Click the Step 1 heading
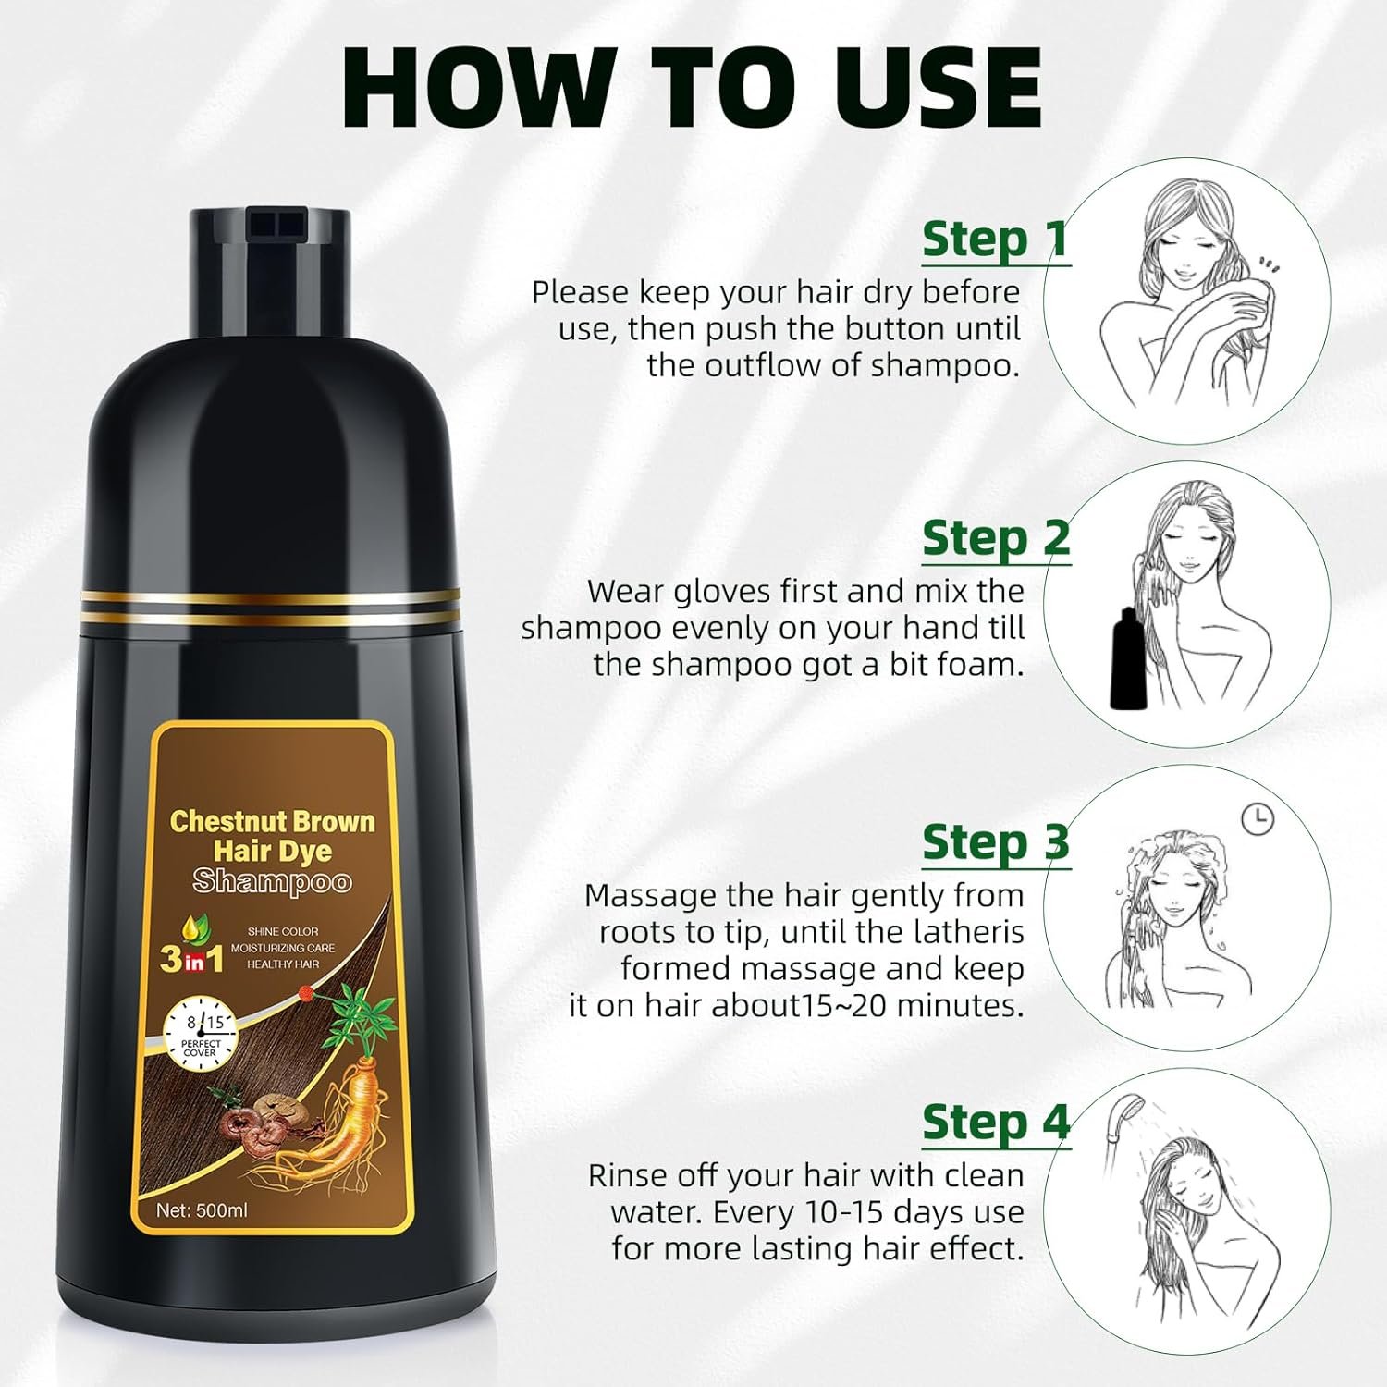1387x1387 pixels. coord(996,239)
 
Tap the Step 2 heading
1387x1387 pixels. coord(996,538)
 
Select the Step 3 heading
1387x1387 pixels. coord(996,842)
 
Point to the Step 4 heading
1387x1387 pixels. coord(996,1123)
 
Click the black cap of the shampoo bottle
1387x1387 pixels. coord(270,268)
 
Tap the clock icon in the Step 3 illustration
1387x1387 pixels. coord(1258,819)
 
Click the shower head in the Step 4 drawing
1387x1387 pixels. coord(1125,1110)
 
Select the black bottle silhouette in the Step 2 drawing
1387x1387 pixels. coord(1127,658)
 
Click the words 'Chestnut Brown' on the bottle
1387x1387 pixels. coord(273,821)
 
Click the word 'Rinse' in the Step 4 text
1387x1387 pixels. coord(627,1175)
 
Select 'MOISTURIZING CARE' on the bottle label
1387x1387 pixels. coord(283,948)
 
